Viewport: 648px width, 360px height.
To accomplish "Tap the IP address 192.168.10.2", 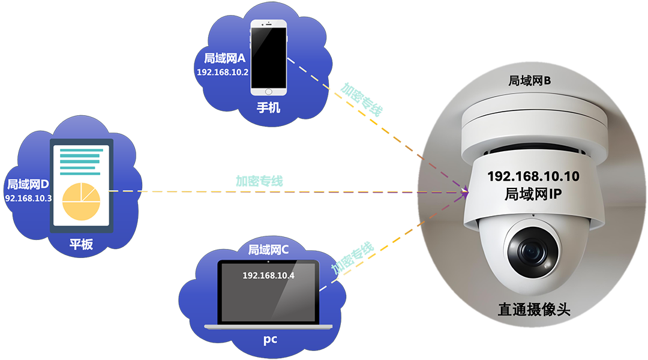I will pos(223,71).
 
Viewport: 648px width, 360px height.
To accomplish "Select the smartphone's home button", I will pos(268,91).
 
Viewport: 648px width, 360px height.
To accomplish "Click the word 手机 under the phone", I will pos(268,108).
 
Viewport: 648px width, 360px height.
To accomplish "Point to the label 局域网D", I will pos(27,183).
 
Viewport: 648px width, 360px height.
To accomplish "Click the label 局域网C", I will pos(268,250).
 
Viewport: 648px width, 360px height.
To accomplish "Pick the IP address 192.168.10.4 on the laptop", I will pos(268,275).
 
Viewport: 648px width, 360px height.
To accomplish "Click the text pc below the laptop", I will pos(270,340).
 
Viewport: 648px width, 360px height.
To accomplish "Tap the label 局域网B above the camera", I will pos(529,80).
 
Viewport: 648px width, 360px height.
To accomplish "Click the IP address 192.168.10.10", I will pos(533,176).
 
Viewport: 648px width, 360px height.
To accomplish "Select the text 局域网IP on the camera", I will pos(533,194).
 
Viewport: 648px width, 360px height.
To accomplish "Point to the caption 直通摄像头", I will pos(533,310).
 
